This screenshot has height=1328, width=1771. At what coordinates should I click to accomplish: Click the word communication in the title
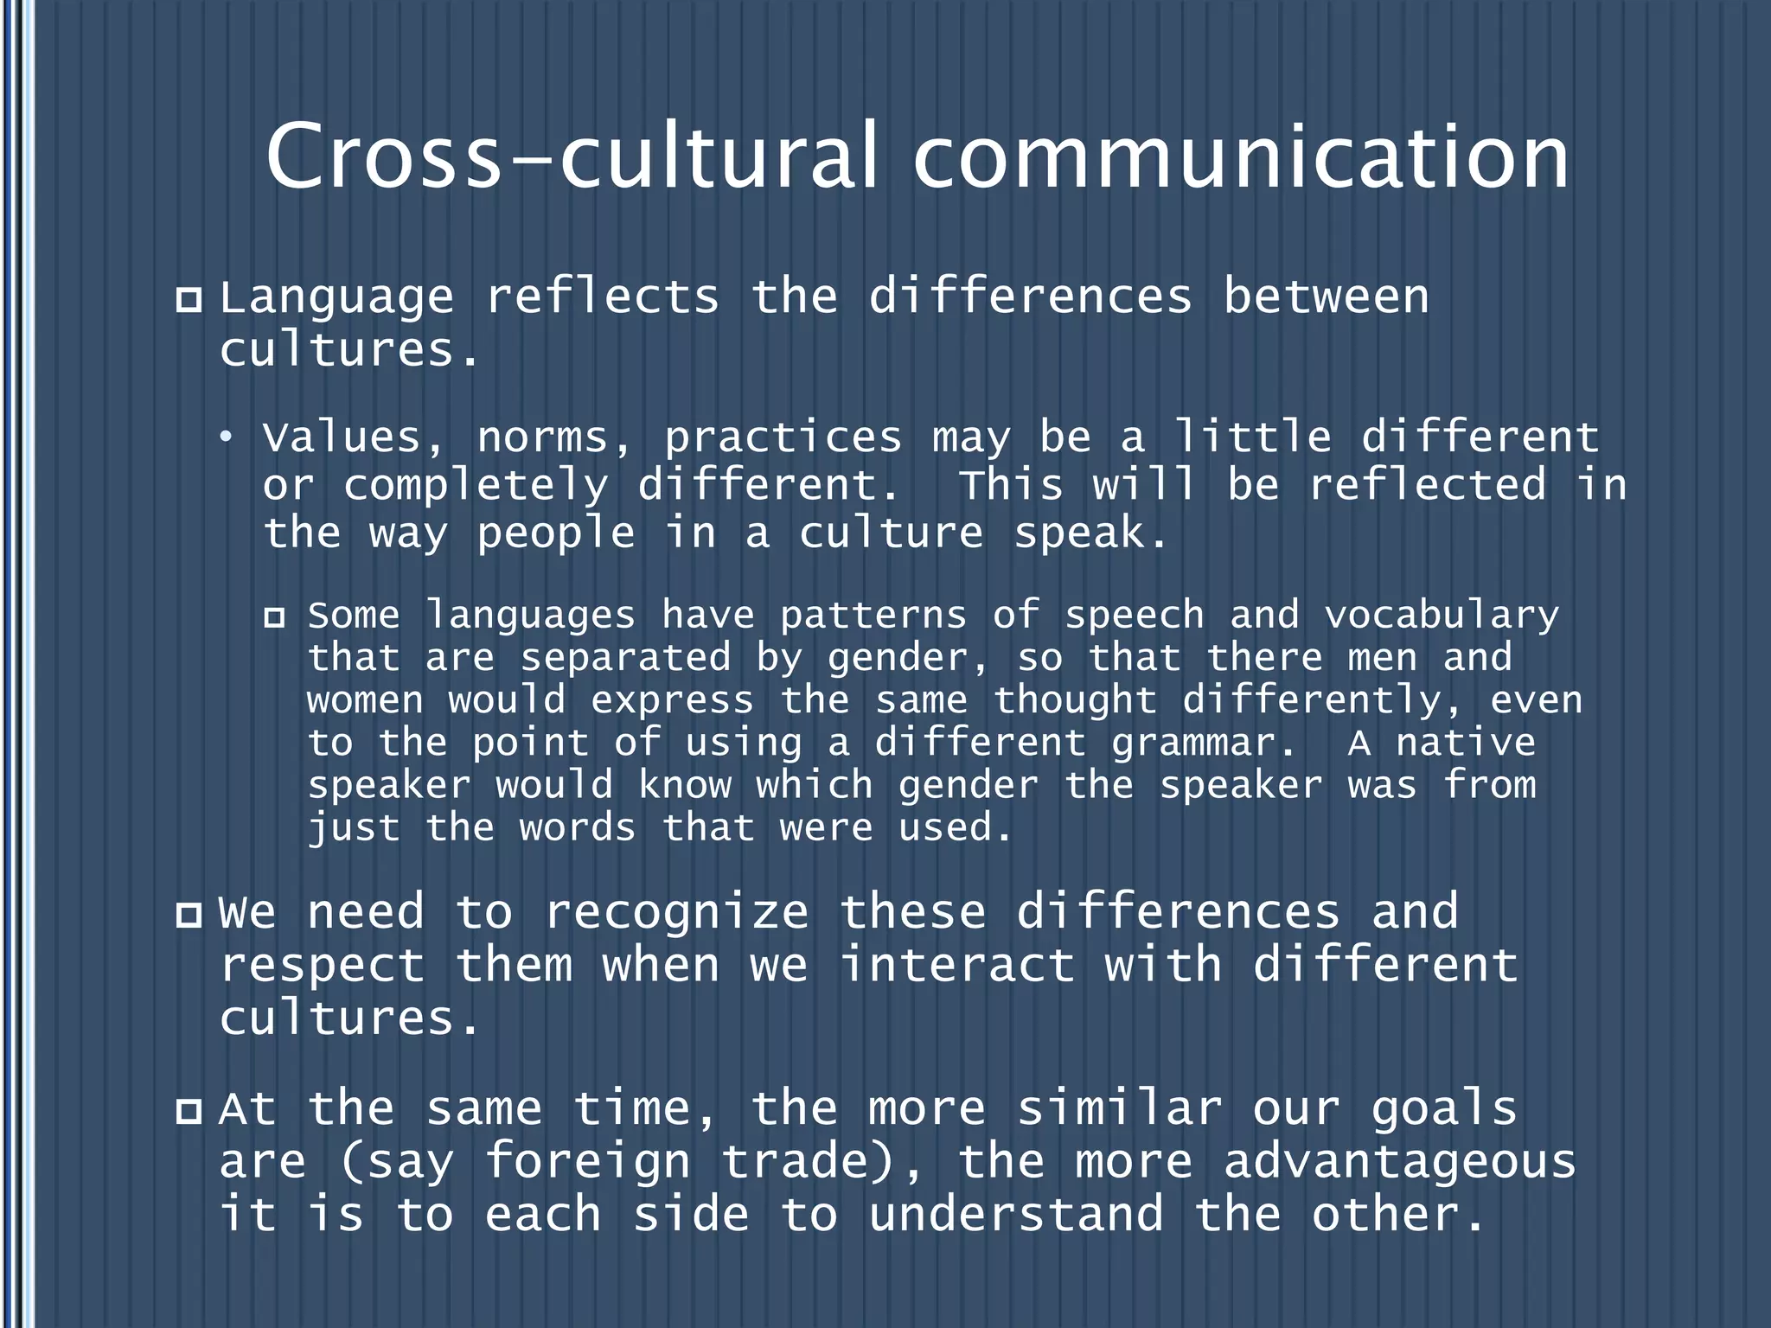click(1241, 157)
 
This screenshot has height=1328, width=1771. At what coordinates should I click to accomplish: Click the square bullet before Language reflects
click(189, 300)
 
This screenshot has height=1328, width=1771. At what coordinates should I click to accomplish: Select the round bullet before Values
click(226, 438)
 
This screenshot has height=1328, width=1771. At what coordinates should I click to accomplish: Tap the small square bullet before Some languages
click(274, 617)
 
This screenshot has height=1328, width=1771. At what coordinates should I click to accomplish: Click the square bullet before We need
click(189, 915)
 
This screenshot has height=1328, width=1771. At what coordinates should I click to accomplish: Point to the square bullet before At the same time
click(189, 1111)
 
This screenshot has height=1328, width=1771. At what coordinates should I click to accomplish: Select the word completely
click(476, 486)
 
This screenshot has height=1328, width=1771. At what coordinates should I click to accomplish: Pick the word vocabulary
click(1442, 616)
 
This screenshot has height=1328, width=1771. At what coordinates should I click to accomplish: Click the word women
click(365, 700)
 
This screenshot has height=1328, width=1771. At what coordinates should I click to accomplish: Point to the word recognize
click(677, 913)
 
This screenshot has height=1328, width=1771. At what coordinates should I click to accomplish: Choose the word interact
click(958, 965)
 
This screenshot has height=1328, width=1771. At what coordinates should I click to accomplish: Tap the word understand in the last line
click(1016, 1215)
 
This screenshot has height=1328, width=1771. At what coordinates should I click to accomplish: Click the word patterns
click(873, 616)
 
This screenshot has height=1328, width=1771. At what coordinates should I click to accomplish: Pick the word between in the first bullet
click(1326, 298)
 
